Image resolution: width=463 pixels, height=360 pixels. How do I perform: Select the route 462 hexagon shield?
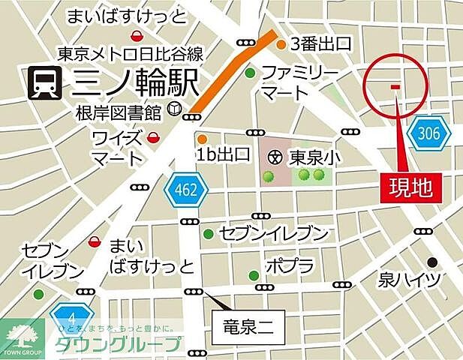pos(185,190)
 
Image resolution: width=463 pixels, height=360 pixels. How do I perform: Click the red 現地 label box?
pos(410,187)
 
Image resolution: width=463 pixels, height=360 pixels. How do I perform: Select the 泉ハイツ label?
pos(410,280)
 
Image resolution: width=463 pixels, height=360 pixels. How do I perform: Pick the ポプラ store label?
pos(289,265)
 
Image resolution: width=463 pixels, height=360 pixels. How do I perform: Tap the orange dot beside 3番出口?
pos(281,45)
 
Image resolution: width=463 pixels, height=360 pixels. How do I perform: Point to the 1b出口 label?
pos(223,154)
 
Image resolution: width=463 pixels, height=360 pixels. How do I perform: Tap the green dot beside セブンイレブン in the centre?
pos(208,233)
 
